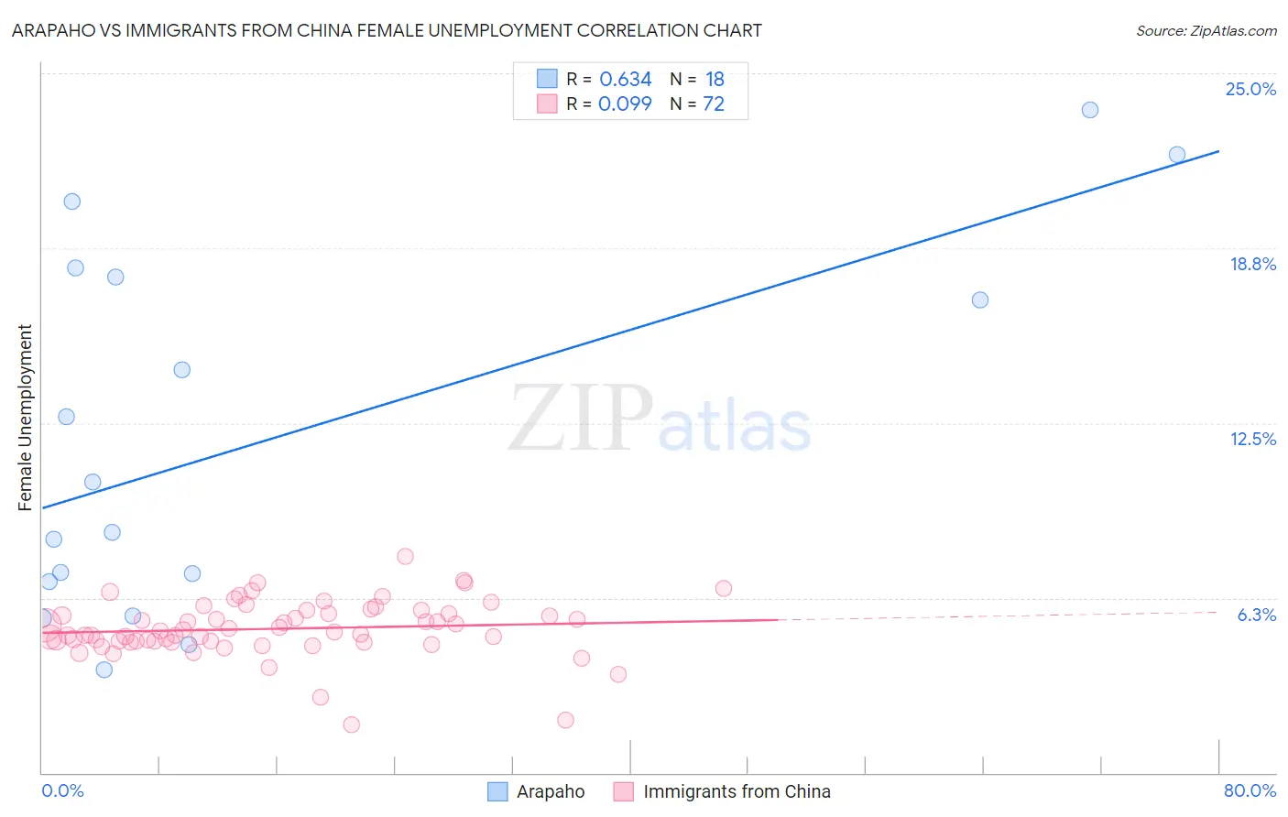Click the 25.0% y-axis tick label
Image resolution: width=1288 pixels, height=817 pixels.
(1250, 89)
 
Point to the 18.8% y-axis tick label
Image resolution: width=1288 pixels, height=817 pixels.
(1251, 264)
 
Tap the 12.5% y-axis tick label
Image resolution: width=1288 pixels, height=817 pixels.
(1252, 439)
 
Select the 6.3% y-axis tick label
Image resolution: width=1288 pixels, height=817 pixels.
(1256, 615)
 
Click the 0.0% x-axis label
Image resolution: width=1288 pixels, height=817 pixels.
(62, 790)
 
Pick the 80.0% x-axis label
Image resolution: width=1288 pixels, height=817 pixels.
(1250, 790)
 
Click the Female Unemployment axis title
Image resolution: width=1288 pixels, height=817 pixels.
(25, 418)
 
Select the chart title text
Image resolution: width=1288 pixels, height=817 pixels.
(387, 30)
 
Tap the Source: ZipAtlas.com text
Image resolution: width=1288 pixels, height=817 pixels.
(1206, 30)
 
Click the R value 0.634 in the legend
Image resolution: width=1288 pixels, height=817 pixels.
(625, 79)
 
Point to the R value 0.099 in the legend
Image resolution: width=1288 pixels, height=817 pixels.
(625, 103)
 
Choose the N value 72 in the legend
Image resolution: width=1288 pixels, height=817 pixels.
(713, 103)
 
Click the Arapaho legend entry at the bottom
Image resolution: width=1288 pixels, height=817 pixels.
(550, 791)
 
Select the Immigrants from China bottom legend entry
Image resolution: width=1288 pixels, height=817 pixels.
(736, 791)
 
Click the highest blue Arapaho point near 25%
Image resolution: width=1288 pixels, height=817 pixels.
(1089, 110)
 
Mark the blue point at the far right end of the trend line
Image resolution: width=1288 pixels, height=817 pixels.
(1177, 155)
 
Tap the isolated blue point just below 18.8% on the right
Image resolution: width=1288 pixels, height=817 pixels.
(979, 300)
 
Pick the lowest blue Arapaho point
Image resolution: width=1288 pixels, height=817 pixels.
(104, 670)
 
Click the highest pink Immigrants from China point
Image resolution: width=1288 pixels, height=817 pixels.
(405, 557)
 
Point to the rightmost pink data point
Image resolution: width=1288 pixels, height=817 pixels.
(723, 589)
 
